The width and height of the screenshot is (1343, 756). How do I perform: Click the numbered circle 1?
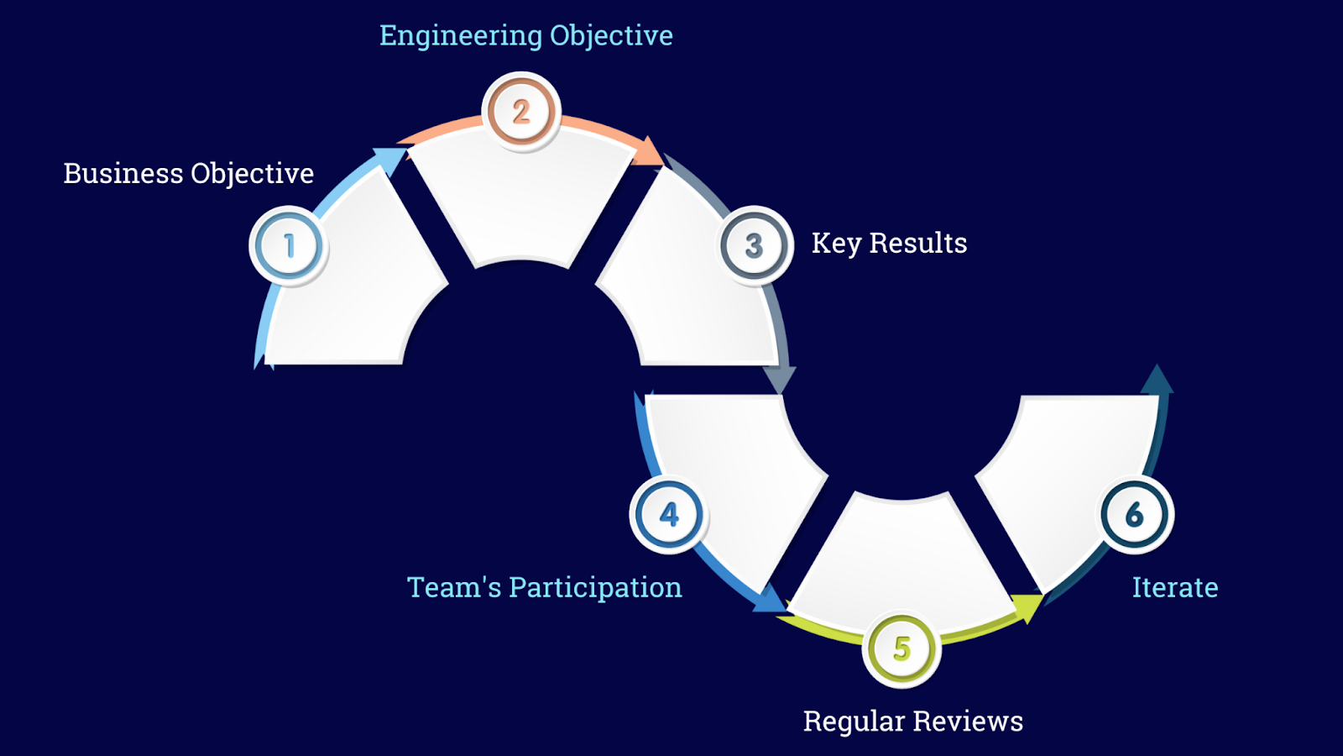point(289,246)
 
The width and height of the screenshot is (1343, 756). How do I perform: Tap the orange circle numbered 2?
point(521,112)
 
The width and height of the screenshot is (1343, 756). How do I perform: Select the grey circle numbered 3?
point(755,245)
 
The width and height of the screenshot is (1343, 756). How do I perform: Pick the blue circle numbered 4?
point(669,514)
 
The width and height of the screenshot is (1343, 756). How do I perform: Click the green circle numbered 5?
point(901,648)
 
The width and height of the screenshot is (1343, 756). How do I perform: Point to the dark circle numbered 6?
point(1135,514)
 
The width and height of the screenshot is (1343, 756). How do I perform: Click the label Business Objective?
point(189,173)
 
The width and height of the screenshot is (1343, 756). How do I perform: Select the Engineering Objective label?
point(526,35)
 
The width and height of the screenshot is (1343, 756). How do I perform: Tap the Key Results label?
point(889,243)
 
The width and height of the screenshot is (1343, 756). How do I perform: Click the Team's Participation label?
point(545,587)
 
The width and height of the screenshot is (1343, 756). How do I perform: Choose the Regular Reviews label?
point(913,721)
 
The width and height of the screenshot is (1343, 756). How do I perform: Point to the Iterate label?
point(1175,587)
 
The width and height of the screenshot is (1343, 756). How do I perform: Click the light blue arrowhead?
point(389,158)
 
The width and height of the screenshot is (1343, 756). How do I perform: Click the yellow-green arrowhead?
point(1027,606)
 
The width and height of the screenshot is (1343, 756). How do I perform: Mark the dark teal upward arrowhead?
point(1157,380)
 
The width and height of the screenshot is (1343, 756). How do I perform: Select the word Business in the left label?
point(123,173)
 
